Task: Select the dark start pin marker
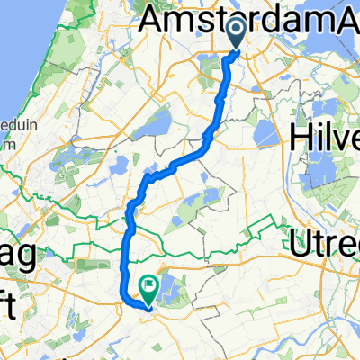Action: click(237, 34)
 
